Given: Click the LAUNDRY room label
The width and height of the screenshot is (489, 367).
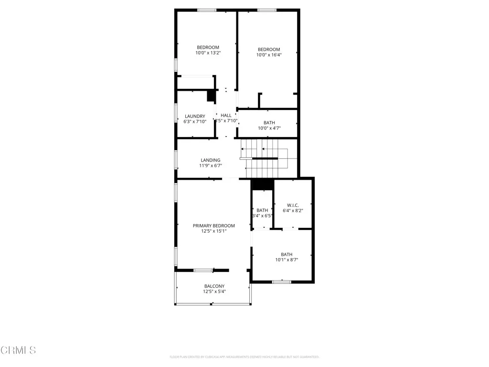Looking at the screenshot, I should pyautogui.click(x=195, y=116).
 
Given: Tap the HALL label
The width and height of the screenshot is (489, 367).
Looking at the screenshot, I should pyautogui.click(x=226, y=115).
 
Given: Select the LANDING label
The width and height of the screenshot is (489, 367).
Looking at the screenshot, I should pyautogui.click(x=211, y=160).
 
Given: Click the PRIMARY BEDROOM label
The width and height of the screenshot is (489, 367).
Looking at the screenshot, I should pyautogui.click(x=213, y=226).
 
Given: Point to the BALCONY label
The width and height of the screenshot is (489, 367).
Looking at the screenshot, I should pyautogui.click(x=214, y=286).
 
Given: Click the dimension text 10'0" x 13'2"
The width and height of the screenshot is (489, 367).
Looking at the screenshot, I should pyautogui.click(x=208, y=53).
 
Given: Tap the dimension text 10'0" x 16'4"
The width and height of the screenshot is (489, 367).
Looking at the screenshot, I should pyautogui.click(x=269, y=55).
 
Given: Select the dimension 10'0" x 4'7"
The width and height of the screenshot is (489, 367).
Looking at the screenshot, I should pyautogui.click(x=269, y=128).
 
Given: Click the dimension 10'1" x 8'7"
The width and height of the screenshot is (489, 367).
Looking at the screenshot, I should pyautogui.click(x=287, y=260).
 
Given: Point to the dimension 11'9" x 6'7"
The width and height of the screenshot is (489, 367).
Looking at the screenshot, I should pyautogui.click(x=211, y=166).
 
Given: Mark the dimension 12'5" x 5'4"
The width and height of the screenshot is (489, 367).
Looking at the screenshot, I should pyautogui.click(x=214, y=291).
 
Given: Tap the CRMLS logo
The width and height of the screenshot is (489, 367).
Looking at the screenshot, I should pyautogui.click(x=18, y=350).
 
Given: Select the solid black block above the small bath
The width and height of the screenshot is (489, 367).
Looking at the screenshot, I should pyautogui.click(x=262, y=184).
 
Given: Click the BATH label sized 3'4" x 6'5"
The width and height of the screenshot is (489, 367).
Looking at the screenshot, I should pyautogui.click(x=262, y=210).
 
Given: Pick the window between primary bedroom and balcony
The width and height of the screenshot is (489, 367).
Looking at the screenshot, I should pyautogui.click(x=203, y=271).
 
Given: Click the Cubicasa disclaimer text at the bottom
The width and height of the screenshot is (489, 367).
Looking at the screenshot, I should pyautogui.click(x=244, y=357).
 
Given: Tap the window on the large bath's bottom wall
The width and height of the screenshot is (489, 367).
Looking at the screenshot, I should pyautogui.click(x=282, y=282).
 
